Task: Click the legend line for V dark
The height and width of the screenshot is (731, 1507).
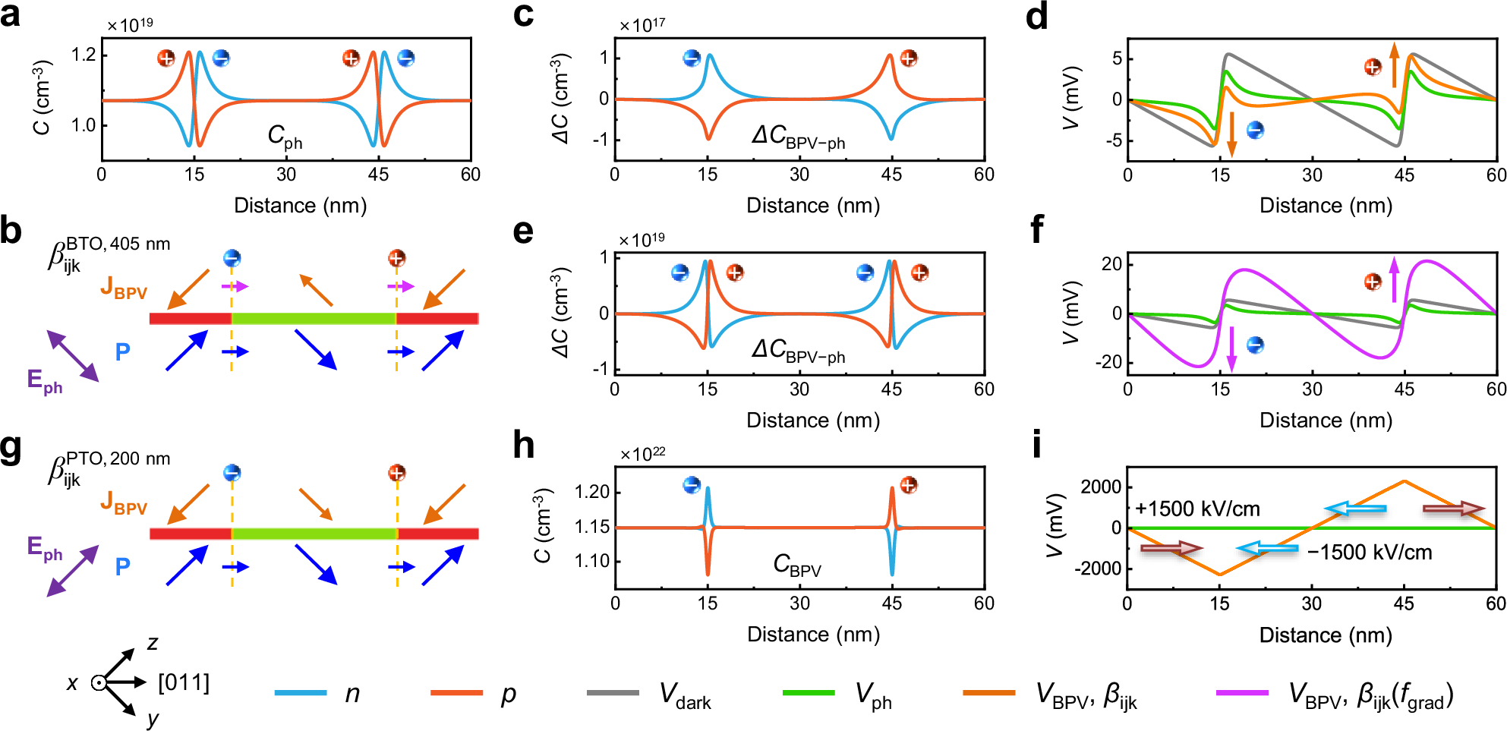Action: click(613, 692)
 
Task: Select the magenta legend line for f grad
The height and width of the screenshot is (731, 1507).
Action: click(1242, 692)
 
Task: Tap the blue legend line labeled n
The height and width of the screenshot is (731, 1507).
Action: click(301, 692)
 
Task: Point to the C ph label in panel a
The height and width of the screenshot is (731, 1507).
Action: click(285, 137)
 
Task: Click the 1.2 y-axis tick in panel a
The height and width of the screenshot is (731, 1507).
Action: click(84, 54)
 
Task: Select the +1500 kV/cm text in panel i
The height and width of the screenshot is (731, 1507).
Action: click(1197, 509)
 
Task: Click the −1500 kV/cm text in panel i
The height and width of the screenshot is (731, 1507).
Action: click(1369, 552)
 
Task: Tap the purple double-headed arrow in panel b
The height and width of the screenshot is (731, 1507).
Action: click(73, 355)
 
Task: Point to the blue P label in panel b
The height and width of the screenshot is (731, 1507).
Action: click(122, 351)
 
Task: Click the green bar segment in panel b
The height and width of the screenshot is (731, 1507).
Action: click(313, 318)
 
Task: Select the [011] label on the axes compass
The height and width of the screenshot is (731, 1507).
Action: click(184, 682)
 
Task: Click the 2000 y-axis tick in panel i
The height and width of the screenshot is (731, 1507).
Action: click(1101, 487)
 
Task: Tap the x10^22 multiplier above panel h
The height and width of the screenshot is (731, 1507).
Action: click(642, 454)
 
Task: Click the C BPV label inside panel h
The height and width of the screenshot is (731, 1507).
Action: click(796, 565)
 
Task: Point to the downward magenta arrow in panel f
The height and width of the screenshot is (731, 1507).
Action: click(1231, 348)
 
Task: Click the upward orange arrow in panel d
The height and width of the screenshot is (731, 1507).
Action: click(1394, 65)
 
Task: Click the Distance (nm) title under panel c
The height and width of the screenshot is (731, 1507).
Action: click(812, 206)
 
